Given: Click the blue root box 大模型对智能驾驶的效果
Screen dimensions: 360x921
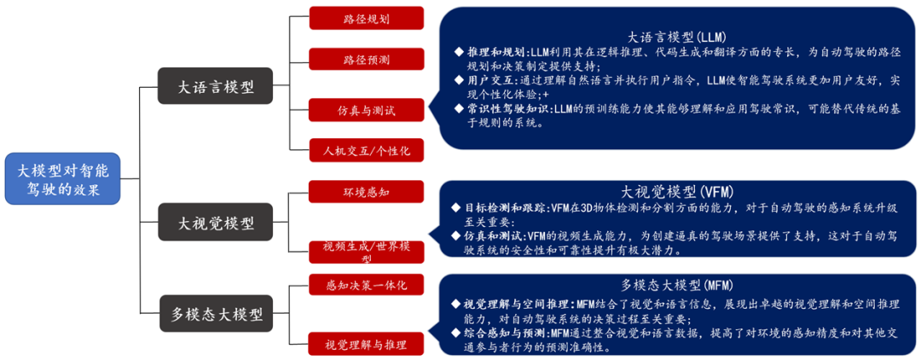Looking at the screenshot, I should click(x=62, y=179).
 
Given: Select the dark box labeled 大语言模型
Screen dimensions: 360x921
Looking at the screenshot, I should click(x=216, y=87).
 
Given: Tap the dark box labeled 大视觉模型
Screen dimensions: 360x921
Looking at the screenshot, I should click(x=216, y=224).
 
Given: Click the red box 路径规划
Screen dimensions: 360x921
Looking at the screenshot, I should click(x=366, y=18).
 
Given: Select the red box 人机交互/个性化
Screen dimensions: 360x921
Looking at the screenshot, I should click(x=366, y=151).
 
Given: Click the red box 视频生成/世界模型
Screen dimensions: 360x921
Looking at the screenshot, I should click(x=366, y=251).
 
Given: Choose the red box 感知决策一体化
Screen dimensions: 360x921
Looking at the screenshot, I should click(x=366, y=285).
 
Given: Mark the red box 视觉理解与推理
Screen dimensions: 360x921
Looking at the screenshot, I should click(x=366, y=345).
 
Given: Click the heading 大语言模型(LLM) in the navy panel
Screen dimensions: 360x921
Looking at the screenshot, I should click(x=675, y=37).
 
